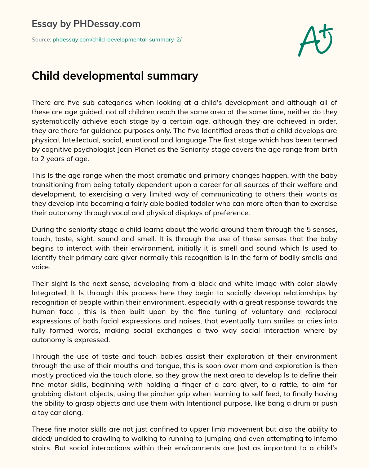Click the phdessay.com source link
click(117, 40)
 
